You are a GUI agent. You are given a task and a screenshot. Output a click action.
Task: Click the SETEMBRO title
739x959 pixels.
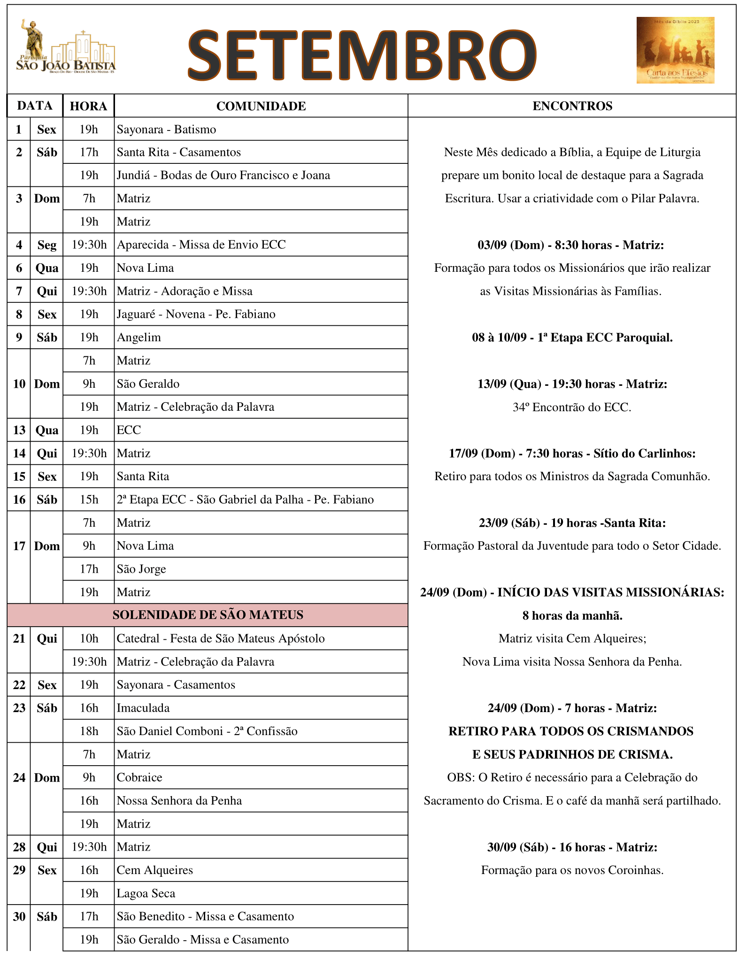[x=362, y=54]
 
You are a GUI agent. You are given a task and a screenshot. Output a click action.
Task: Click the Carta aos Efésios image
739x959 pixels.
[x=675, y=50]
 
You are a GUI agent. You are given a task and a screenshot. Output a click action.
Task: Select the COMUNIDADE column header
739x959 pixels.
[x=261, y=106]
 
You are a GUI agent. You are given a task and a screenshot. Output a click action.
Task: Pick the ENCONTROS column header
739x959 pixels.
[x=572, y=106]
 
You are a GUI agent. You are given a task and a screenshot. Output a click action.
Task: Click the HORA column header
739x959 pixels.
[x=88, y=106]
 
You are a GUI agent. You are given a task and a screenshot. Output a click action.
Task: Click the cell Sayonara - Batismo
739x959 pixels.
[x=167, y=130]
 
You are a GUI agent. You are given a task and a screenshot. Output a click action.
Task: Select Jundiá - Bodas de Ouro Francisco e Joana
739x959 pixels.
[x=223, y=176]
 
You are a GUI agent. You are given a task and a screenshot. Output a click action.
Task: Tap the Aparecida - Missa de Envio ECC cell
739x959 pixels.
[x=201, y=245]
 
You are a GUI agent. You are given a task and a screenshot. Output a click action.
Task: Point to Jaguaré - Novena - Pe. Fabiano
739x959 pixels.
[x=196, y=315]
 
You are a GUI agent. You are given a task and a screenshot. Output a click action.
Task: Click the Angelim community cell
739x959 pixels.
[x=139, y=338]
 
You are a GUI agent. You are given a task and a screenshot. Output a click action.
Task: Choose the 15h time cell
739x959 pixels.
[x=89, y=499]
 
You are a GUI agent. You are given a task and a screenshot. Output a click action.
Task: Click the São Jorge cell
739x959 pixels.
[x=141, y=569]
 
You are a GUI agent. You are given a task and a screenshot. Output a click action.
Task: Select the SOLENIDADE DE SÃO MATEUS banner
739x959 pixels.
[x=208, y=615]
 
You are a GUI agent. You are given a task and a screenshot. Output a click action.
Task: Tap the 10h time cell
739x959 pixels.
[x=89, y=638]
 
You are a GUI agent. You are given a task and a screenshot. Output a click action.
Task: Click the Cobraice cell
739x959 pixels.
[x=139, y=777]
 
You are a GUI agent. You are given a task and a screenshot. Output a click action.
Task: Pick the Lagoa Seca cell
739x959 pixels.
[x=146, y=893]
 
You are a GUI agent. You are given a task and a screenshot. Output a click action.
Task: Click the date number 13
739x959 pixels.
[x=19, y=430]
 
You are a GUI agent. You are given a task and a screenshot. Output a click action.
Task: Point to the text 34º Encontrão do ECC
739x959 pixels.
[x=572, y=407]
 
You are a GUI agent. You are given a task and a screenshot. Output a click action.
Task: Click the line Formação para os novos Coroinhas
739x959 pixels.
[x=572, y=870]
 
